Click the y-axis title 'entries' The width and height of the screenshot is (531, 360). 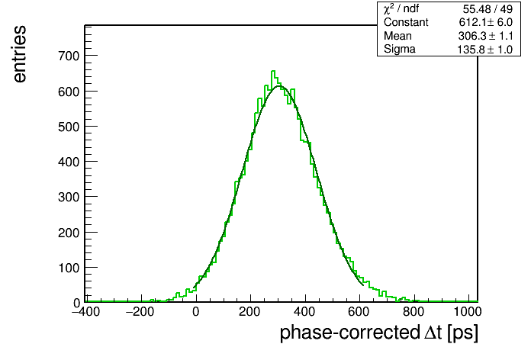pos(20,54)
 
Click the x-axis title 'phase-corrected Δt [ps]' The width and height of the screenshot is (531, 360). pos(379,333)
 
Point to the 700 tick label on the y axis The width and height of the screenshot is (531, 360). pos(69,56)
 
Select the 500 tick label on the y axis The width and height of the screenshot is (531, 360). pos(69,127)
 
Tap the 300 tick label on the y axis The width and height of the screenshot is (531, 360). pos(69,197)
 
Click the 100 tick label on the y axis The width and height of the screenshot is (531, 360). pos(69,268)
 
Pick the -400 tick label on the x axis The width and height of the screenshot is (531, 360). pos(86,311)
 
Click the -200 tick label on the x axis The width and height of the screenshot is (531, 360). pos(140,311)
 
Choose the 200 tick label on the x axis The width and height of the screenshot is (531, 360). pos(249,311)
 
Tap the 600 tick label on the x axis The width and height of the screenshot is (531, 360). pos(359,311)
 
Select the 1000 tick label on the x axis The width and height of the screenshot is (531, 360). pos(468,311)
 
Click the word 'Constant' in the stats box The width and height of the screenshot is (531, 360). pos(406,22)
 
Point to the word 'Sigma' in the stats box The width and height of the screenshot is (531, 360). pos(400,50)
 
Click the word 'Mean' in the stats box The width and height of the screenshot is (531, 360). pos(397,36)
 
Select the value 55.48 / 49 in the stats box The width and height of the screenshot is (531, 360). pos(488,9)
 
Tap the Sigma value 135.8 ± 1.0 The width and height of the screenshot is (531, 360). pos(485,50)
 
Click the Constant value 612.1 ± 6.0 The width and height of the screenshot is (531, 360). pos(486,22)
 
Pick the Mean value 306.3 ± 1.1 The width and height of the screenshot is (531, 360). pos(486,36)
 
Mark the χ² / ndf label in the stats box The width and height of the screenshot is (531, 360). pos(401,8)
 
